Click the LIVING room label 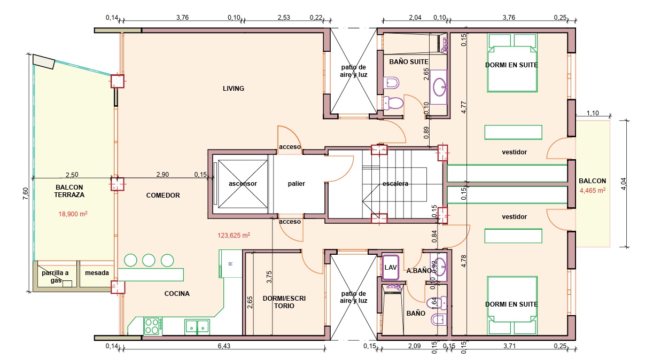pos(233,88)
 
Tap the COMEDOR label pos(163,195)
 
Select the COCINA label pos(177,294)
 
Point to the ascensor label pos(243,184)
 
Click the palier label pos(296,184)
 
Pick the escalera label pos(395,184)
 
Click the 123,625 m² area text pos(234,235)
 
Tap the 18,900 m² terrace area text pos(73,214)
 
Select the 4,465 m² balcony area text pos(593,191)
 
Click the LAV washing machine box pos(390,267)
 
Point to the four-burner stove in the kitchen pos(153,326)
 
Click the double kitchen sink pos(197,327)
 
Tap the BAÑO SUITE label pos(409,62)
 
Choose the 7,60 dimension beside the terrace pos(26,193)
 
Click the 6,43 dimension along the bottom pos(224,346)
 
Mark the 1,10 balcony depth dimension pos(593,113)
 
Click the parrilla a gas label pos(55,277)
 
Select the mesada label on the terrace pos(97,273)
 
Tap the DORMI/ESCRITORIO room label pos(284,302)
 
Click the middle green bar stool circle pos(149,260)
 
